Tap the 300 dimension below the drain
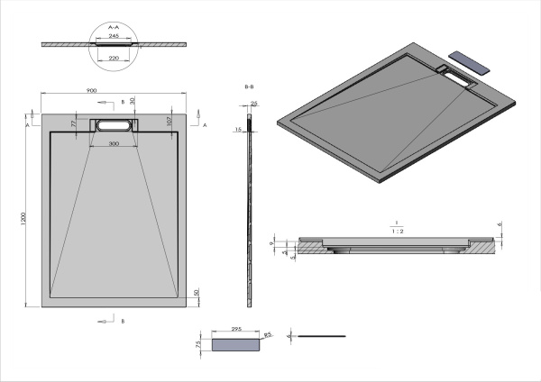114,144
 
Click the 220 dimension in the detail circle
114,58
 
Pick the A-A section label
114,27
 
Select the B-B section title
249,86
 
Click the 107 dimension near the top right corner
169,120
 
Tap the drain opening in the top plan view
114,125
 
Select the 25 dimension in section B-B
254,105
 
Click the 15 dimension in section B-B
239,130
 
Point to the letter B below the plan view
123,321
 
